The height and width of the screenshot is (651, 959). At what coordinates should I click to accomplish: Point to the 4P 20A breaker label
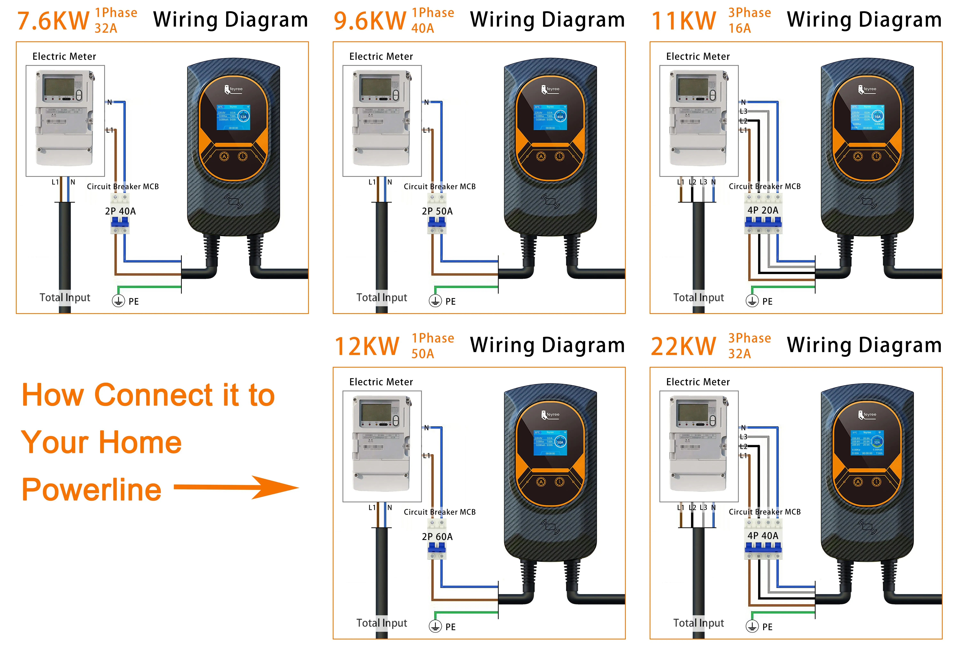click(x=763, y=210)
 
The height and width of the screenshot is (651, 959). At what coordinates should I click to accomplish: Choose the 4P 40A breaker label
click(x=763, y=536)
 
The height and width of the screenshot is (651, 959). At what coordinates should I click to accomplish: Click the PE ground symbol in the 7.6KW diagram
click(x=118, y=301)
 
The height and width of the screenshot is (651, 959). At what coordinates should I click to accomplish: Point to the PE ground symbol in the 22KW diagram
click(x=752, y=626)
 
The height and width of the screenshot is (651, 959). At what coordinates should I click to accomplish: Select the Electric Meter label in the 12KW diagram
click(x=381, y=382)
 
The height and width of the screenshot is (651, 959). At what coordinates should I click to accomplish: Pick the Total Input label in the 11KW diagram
click(x=698, y=297)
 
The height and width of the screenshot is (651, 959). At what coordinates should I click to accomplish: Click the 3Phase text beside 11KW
click(x=749, y=13)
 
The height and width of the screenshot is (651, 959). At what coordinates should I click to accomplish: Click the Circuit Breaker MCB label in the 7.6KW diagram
click(x=123, y=186)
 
